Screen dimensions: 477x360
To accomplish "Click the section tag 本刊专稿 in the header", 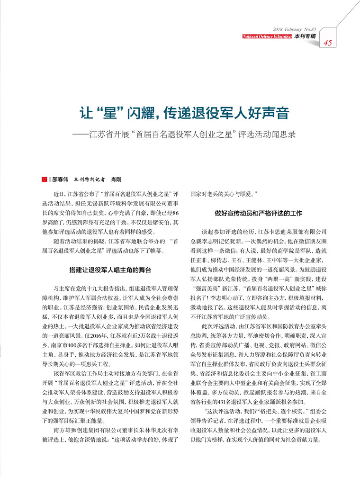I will (x=305, y=36).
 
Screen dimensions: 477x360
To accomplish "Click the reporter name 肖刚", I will (x=116, y=180).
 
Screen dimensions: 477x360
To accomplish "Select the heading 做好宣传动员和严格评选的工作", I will (x=258, y=213).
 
